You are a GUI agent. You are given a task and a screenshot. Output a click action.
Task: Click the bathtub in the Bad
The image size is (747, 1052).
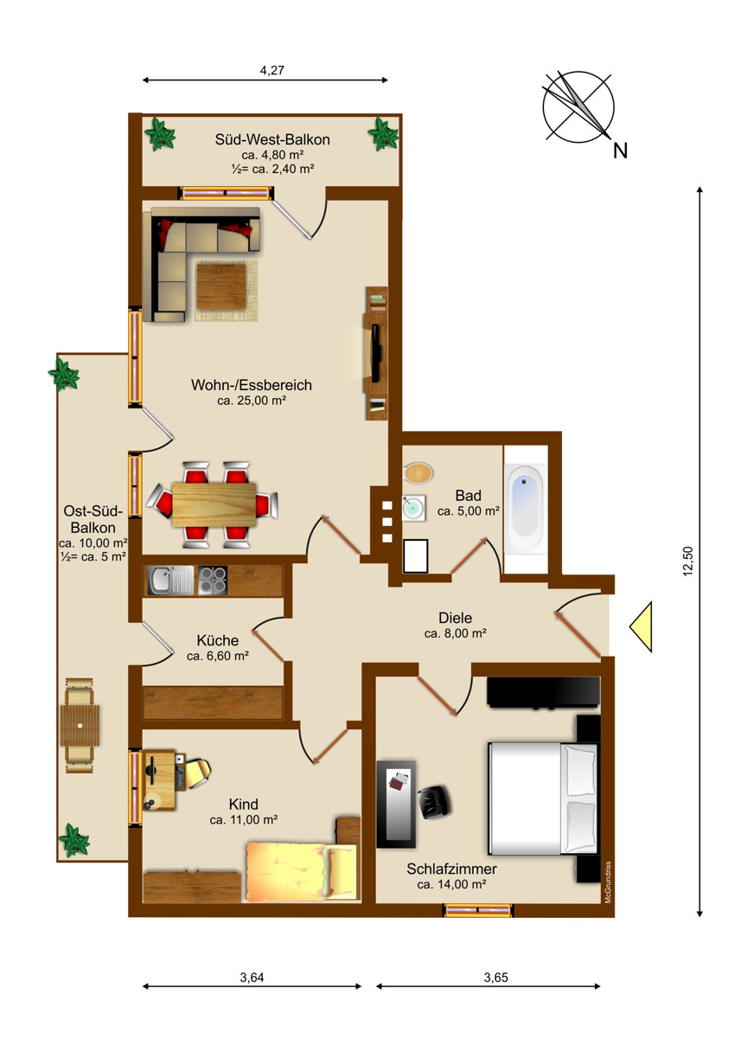(526, 509)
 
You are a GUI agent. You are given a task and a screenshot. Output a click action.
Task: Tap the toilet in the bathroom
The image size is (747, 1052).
(418, 473)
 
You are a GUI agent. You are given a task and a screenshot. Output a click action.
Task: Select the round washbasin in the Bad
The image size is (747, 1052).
(413, 508)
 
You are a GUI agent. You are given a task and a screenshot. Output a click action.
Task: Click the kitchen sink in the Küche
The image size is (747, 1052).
(170, 581)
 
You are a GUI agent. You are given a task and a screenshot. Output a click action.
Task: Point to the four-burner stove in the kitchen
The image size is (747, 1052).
(213, 581)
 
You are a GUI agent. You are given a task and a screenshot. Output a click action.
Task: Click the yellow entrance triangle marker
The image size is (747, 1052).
(641, 627)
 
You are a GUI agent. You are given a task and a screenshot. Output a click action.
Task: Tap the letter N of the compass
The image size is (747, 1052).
(620, 151)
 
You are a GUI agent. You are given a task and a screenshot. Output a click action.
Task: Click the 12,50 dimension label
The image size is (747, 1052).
(687, 561)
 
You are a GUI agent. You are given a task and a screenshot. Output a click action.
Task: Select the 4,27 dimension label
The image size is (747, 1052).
(272, 70)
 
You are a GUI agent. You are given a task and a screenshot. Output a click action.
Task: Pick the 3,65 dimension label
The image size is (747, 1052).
(496, 978)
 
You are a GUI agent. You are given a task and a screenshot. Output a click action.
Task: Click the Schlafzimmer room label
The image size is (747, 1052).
(451, 869)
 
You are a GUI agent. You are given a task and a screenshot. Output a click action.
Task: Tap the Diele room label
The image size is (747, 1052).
(455, 618)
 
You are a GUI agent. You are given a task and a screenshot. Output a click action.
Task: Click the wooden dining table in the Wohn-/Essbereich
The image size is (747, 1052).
(214, 505)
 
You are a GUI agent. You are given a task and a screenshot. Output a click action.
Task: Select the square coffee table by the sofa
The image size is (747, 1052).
(221, 286)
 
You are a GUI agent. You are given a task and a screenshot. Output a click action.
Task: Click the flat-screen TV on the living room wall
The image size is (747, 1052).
(376, 352)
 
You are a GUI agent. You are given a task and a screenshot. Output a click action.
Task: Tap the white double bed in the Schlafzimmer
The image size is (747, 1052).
(543, 799)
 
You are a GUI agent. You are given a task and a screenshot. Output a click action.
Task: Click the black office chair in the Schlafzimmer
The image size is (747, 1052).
(434, 802)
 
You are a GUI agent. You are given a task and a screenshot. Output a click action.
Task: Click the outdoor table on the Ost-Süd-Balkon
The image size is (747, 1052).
(80, 726)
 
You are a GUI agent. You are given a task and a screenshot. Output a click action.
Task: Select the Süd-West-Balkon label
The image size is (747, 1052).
(272, 139)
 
